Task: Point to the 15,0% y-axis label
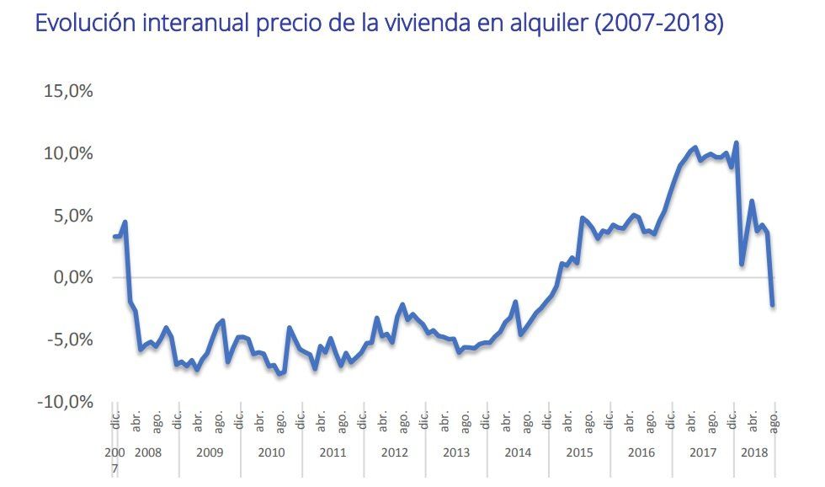click(x=67, y=91)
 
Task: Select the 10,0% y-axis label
click(x=67, y=153)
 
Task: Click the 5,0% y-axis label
click(x=72, y=216)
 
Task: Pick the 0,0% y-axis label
click(x=72, y=277)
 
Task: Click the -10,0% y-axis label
click(x=65, y=402)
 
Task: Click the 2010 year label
click(x=271, y=452)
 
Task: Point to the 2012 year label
click(x=394, y=452)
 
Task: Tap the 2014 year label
click(x=518, y=452)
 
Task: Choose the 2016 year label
click(x=641, y=452)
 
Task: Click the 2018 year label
click(x=754, y=452)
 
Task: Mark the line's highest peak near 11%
click(x=737, y=142)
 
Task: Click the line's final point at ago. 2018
click(x=773, y=305)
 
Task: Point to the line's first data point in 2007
click(x=115, y=236)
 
